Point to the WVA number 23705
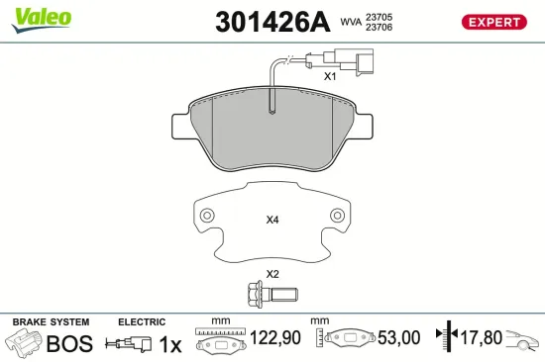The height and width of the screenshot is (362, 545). pos(379,16)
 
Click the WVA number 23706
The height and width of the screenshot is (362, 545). pos(379,29)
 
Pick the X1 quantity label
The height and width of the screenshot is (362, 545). pos(330,75)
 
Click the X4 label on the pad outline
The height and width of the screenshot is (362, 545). pos(272,220)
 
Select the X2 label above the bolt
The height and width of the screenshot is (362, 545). pos(272,274)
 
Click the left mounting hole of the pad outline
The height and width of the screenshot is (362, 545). pos(206,217)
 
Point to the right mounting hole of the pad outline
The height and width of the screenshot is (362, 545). pos(337,217)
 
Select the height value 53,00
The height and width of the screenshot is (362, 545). pos(398,339)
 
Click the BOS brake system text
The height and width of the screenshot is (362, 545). pos(70,343)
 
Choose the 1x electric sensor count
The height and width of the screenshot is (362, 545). pos(170,343)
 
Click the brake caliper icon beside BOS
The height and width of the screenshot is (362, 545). pos(25,343)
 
